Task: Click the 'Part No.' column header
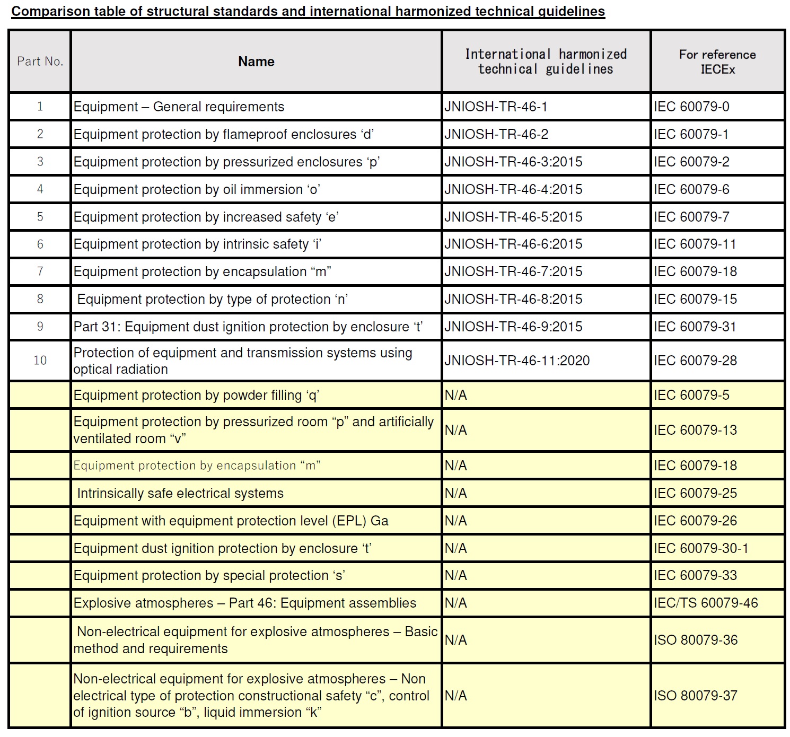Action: tap(40, 62)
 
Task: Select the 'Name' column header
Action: tap(256, 62)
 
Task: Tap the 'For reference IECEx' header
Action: tap(717, 62)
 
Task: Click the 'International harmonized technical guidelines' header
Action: tap(546, 62)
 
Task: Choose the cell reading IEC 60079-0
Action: tap(691, 107)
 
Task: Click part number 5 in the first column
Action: tap(40, 217)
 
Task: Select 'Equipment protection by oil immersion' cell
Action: tap(197, 189)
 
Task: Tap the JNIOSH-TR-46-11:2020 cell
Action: tap(517, 361)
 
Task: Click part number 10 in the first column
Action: tap(40, 361)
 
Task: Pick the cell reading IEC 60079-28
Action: tap(695, 361)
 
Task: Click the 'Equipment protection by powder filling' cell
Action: tap(196, 395)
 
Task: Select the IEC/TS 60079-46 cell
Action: tap(706, 603)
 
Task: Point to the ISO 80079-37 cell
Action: tap(695, 696)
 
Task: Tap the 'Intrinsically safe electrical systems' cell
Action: tap(180, 493)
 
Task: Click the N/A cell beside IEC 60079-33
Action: tap(456, 575)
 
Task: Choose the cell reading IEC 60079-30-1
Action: tap(701, 548)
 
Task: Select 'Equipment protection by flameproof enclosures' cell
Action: tap(223, 134)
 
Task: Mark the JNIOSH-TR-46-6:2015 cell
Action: tap(513, 244)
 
